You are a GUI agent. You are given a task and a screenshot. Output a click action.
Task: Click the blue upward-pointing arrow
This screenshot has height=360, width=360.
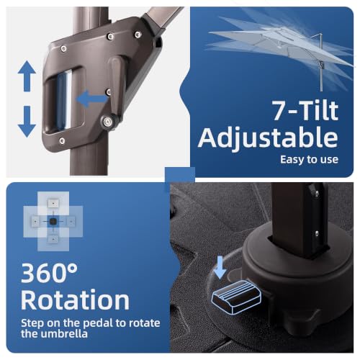pos(27,76)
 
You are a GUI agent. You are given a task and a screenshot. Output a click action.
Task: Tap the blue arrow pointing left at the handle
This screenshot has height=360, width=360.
pos(92,99)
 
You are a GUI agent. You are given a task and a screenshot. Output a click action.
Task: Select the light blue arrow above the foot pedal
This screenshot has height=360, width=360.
pos(220,268)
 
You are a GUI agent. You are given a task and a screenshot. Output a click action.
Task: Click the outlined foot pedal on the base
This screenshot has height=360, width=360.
pos(236,297)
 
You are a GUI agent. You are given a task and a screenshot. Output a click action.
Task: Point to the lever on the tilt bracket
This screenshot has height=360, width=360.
pos(117,88)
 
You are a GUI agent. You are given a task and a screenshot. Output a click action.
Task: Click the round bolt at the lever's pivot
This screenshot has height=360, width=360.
pos(108,121)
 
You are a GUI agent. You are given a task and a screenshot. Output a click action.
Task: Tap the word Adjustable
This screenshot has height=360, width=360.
pos(268,138)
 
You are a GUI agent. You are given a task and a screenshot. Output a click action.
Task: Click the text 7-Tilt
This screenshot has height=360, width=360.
pos(305,110)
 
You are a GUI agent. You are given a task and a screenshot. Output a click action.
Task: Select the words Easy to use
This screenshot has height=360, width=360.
pos(309,160)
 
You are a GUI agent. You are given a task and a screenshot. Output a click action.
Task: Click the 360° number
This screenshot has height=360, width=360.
pos(49,273)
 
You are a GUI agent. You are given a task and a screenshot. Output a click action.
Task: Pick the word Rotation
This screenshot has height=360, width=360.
pos(75,300)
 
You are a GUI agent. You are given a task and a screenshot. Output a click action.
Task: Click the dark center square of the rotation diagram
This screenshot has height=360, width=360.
pos(53,221)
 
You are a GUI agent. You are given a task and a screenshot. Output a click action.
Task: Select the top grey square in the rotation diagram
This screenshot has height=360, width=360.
pos(53,203)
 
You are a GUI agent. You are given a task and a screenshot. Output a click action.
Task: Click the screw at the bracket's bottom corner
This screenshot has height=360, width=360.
pos(62,141)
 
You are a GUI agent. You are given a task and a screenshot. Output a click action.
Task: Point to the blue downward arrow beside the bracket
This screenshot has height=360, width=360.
pos(27,122)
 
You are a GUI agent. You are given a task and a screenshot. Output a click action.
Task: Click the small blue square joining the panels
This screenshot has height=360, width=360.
pos(180,175)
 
